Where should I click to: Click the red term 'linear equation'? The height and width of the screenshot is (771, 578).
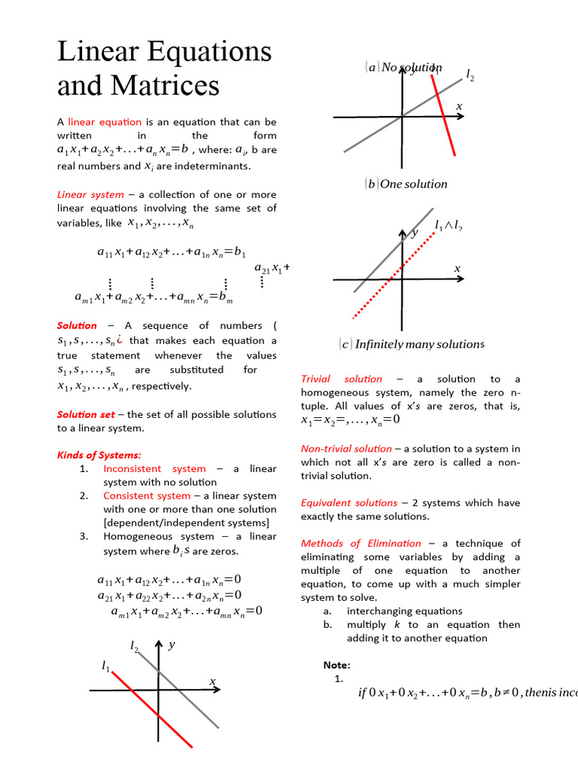105,121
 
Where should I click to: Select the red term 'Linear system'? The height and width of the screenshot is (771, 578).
90,194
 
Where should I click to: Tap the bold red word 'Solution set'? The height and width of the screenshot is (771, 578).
86,414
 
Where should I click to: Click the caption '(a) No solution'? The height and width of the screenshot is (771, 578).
404,68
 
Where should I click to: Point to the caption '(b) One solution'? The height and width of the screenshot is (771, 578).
406,184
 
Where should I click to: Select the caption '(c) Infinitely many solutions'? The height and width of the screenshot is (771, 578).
411,344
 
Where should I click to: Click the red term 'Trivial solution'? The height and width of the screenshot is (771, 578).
342,379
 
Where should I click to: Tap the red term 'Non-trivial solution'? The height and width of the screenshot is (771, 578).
346,448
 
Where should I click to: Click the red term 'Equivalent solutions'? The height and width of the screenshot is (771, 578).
349,502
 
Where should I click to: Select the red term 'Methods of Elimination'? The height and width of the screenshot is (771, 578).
361,543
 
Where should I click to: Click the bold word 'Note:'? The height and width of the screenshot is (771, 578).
336,665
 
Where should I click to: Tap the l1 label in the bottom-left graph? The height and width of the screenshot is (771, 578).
105,666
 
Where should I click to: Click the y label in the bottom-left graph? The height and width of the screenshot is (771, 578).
172,645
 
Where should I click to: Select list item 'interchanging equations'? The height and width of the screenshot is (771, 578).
404,611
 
